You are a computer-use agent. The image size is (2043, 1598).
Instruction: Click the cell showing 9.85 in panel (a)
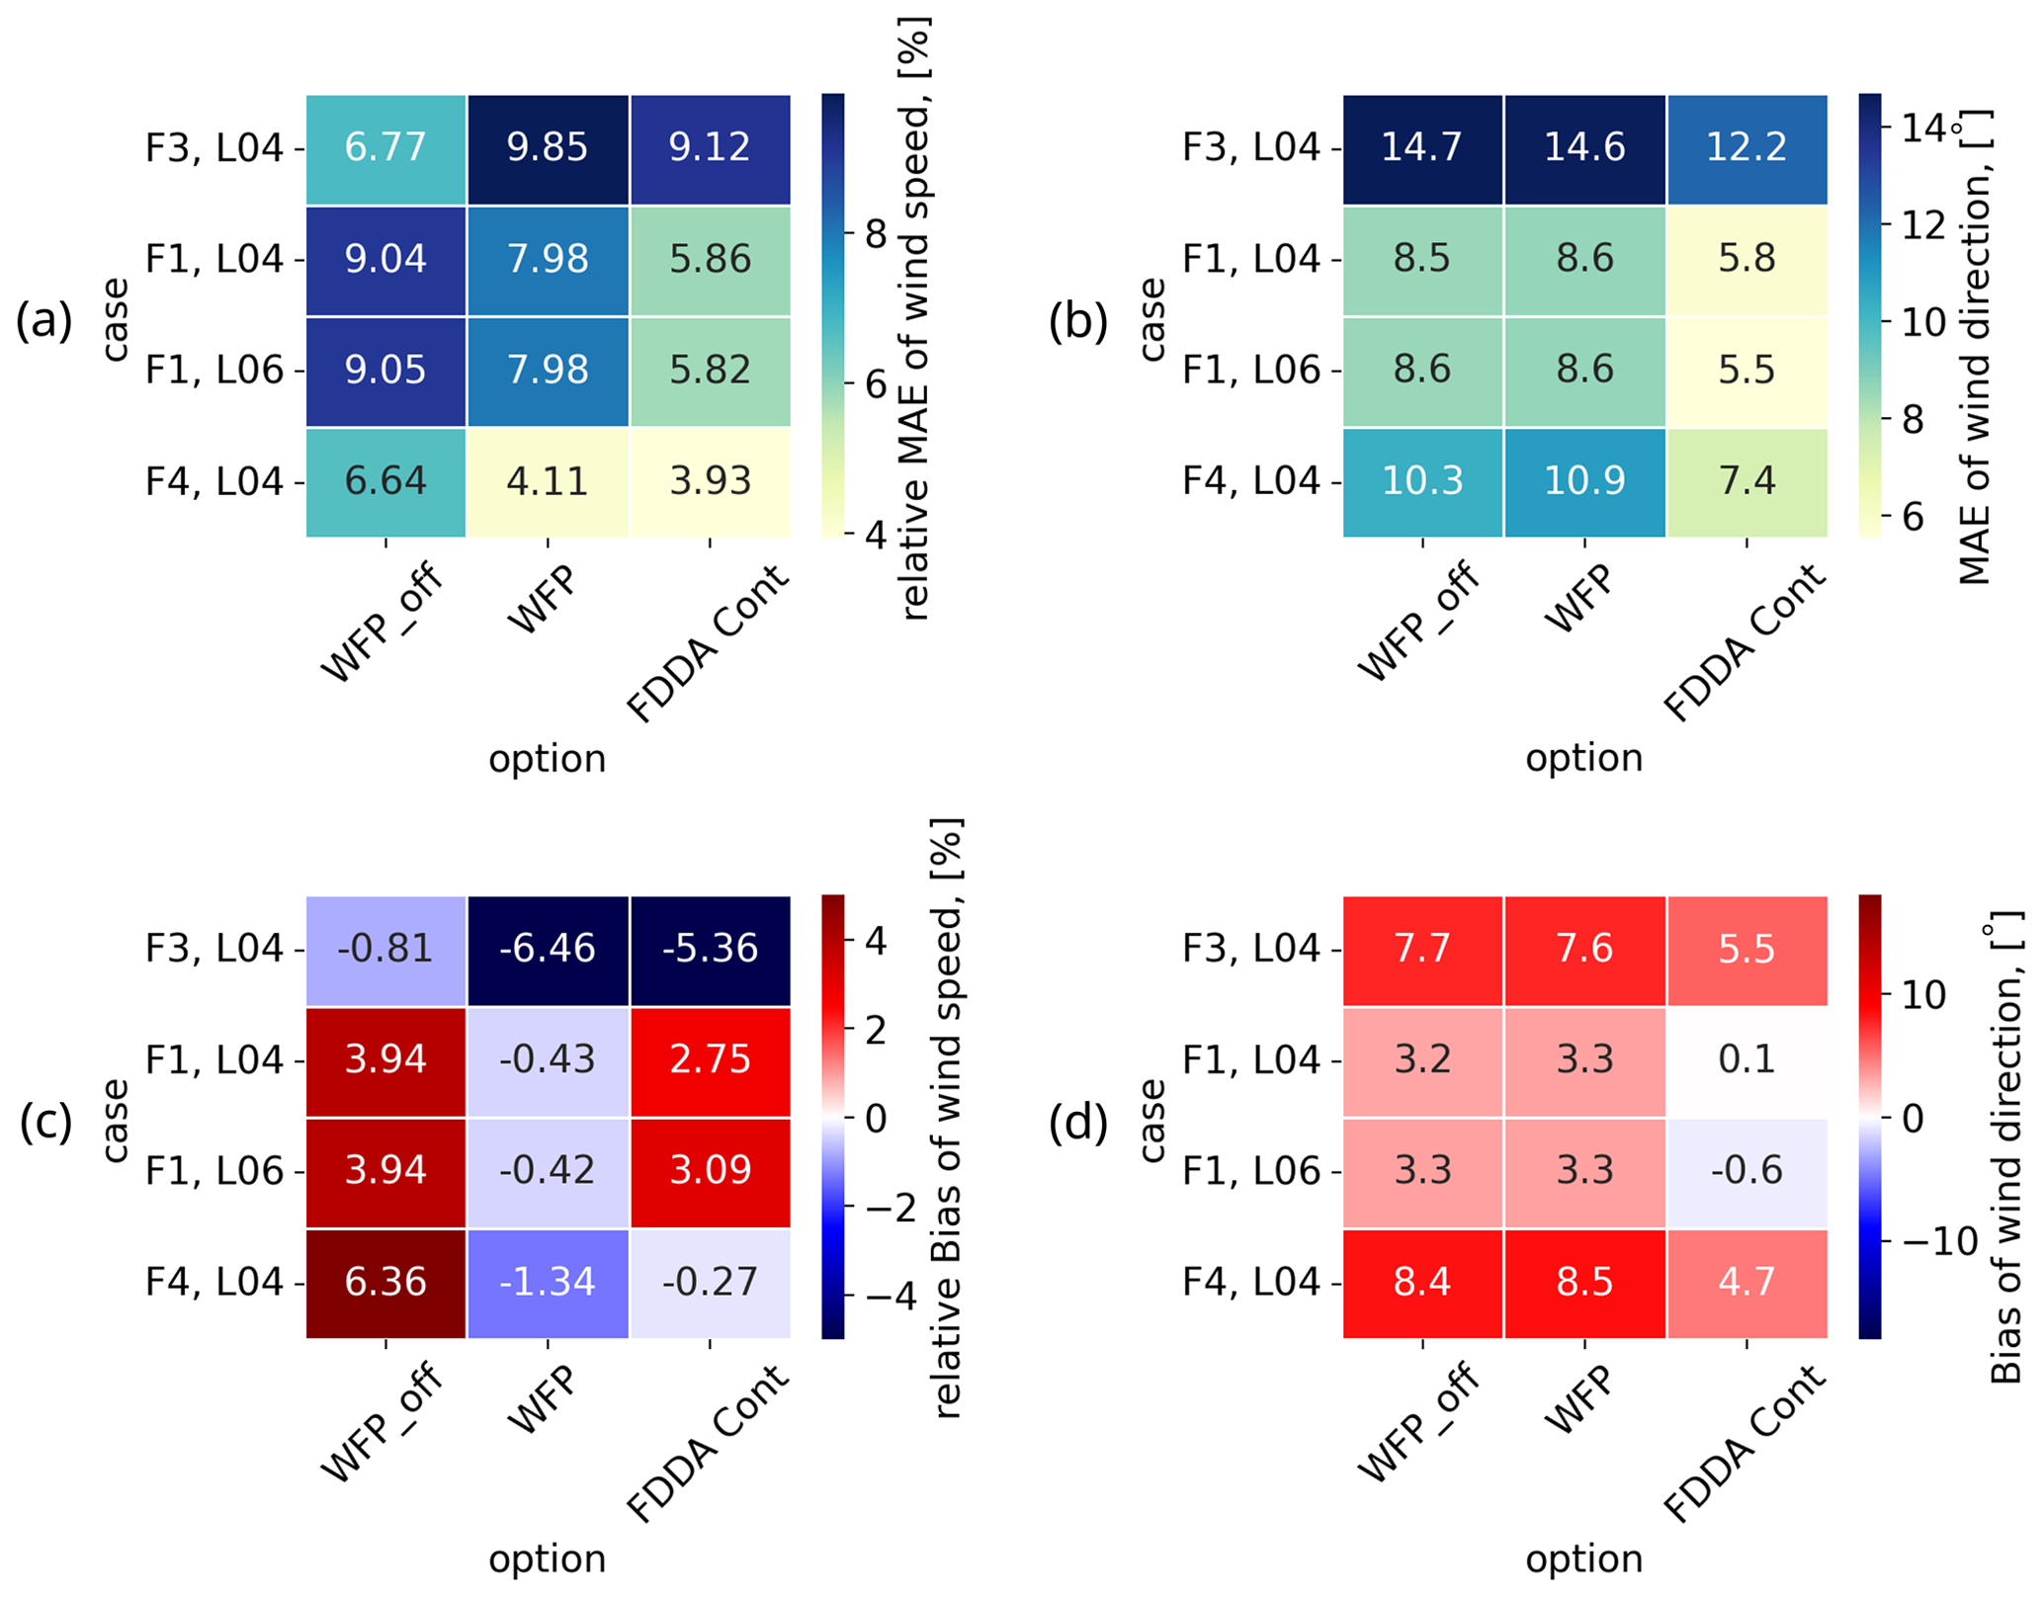coord(547,148)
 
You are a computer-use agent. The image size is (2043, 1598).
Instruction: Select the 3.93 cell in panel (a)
coord(710,481)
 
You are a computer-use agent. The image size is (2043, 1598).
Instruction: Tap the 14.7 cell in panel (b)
coord(1421,148)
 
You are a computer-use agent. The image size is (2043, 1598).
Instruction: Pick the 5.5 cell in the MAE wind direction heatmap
coord(1746,371)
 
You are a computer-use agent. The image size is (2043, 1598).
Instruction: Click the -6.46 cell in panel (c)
coord(547,950)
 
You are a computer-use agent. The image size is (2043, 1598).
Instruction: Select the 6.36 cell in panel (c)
coord(385,1283)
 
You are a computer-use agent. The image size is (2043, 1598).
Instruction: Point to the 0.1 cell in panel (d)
coord(1746,1060)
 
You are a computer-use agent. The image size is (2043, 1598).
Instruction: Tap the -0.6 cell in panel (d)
coord(1746,1171)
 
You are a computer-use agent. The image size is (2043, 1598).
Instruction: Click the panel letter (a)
coord(44,322)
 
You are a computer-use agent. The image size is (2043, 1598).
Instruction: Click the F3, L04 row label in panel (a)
coord(214,148)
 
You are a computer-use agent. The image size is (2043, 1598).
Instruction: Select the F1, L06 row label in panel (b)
coord(1251,371)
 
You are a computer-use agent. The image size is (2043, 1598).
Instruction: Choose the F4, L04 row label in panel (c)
coord(214,1283)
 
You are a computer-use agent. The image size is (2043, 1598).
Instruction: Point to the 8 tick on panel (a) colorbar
coord(875,235)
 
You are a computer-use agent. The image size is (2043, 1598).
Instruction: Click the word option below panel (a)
coord(547,759)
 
